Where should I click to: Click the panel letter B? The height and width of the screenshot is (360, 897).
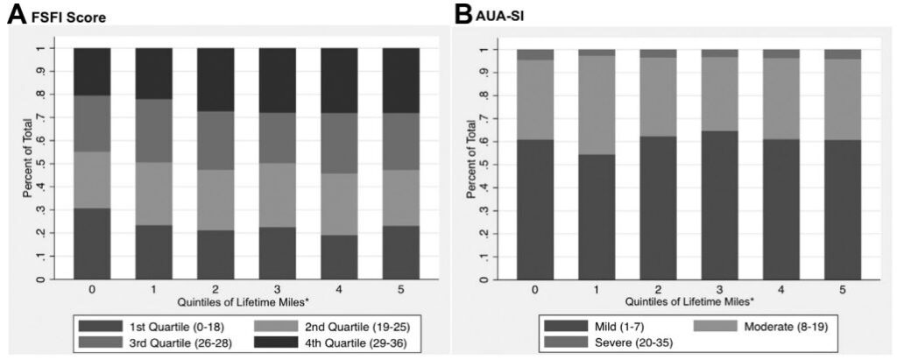coord(463,16)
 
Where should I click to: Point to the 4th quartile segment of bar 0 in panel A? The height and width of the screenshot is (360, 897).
coord(91,72)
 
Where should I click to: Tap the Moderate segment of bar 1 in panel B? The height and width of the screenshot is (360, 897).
coord(596,104)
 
